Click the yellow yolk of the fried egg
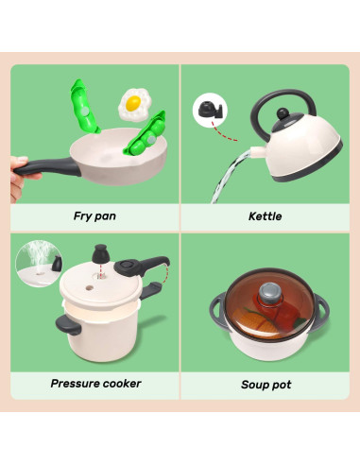pyautogui.click(x=133, y=103)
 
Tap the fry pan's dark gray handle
pyautogui.click(x=47, y=167)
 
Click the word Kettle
pyautogui.click(x=265, y=216)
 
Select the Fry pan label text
pyautogui.click(x=94, y=216)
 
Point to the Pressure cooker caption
pyautogui.click(x=95, y=384)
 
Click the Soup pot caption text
pyautogui.click(x=266, y=385)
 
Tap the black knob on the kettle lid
pyautogui.click(x=283, y=113)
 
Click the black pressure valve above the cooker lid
pyautogui.click(x=100, y=253)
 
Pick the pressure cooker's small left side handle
pyautogui.click(x=68, y=326)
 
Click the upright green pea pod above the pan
pyautogui.click(x=83, y=107)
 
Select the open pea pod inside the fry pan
pyautogui.click(x=146, y=134)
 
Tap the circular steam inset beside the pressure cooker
pyautogui.click(x=39, y=264)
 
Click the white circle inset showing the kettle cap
pyautogui.click(x=210, y=110)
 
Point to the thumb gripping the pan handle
pyautogui.click(x=20, y=160)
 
